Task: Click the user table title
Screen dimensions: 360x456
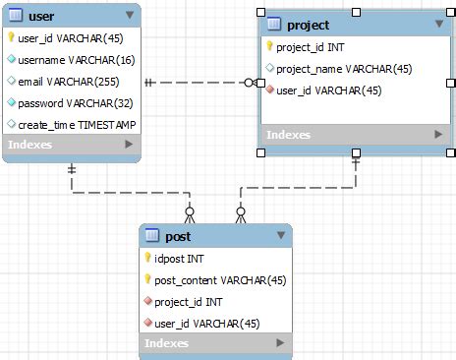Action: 41,16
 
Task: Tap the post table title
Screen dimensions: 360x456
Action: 178,237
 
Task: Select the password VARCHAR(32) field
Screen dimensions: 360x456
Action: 67,102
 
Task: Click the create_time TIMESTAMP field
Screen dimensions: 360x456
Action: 77,124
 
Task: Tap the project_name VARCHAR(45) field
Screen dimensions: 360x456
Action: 343,68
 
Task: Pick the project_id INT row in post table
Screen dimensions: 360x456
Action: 188,302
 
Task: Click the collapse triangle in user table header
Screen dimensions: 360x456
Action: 130,16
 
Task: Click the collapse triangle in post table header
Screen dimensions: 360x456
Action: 280,237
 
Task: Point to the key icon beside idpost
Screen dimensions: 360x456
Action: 147,259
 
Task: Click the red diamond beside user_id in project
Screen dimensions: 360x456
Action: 268,90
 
